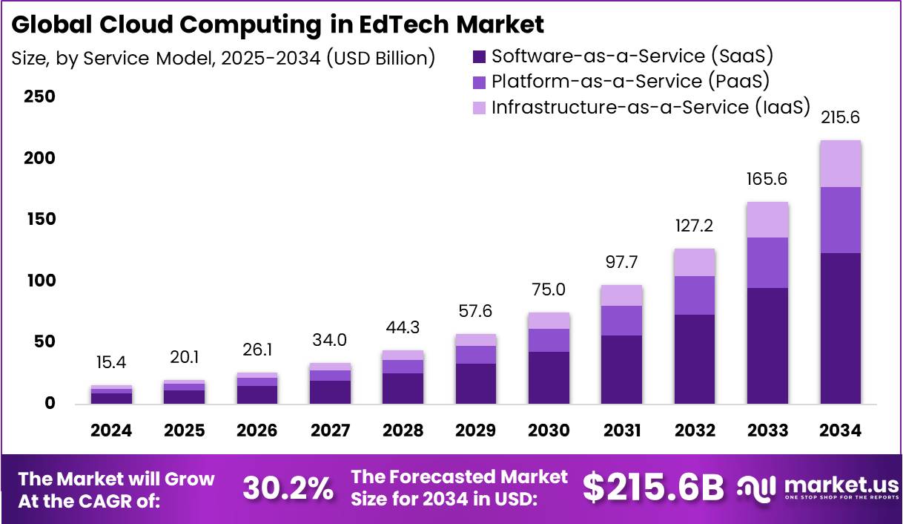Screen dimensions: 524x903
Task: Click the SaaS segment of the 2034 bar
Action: (840, 328)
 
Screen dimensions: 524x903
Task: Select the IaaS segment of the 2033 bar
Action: (767, 220)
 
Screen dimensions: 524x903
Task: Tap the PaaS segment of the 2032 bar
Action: (695, 295)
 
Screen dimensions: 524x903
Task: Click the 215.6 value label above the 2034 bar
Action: (840, 118)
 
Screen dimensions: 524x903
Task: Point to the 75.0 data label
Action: (549, 289)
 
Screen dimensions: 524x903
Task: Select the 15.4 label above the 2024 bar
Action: (112, 364)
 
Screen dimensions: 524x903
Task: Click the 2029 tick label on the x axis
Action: (475, 430)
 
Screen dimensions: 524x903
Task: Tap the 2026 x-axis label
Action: (257, 430)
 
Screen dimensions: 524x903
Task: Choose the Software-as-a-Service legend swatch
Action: (479, 56)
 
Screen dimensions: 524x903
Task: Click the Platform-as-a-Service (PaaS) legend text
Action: (631, 81)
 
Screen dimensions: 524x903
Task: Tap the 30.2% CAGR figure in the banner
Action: (288, 488)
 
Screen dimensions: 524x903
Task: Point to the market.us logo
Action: (818, 488)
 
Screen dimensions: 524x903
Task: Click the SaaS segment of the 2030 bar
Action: (549, 378)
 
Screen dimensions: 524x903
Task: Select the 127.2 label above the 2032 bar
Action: (695, 226)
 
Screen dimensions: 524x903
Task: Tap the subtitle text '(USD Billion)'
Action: (380, 58)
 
